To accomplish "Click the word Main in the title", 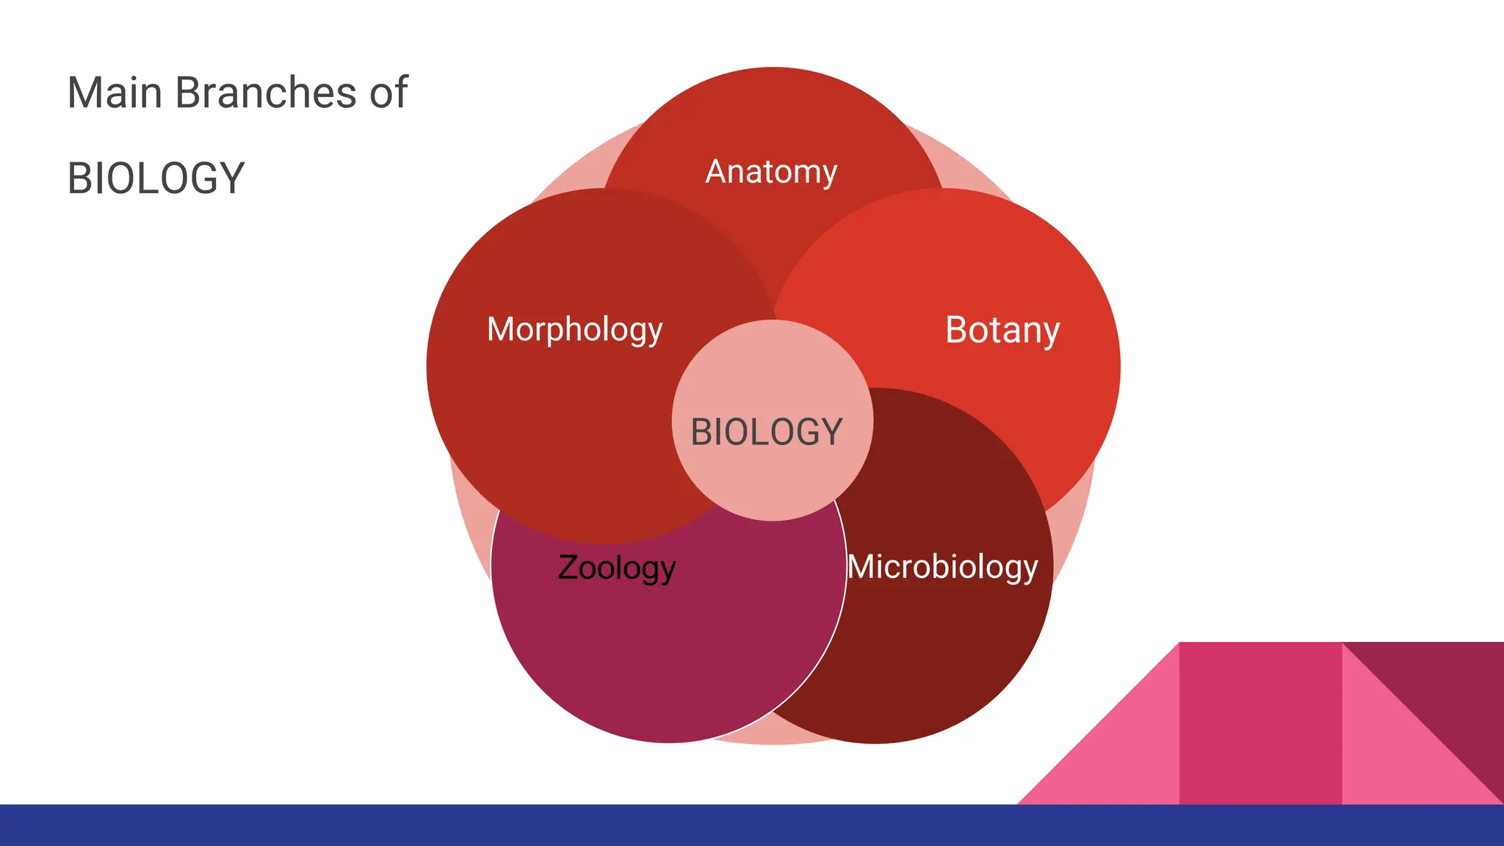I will coord(114,93).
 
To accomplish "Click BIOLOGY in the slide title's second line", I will coord(156,178).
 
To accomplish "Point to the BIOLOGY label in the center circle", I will coord(766,432).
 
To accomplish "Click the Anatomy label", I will coord(771,172).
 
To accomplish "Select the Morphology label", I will coord(574,330).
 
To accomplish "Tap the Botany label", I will coord(1002,330).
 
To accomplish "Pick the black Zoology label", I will coord(616,568).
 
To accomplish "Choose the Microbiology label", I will coord(942,567).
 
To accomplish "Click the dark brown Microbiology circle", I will coord(947,661).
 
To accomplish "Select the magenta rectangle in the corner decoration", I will coord(1260,723).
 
